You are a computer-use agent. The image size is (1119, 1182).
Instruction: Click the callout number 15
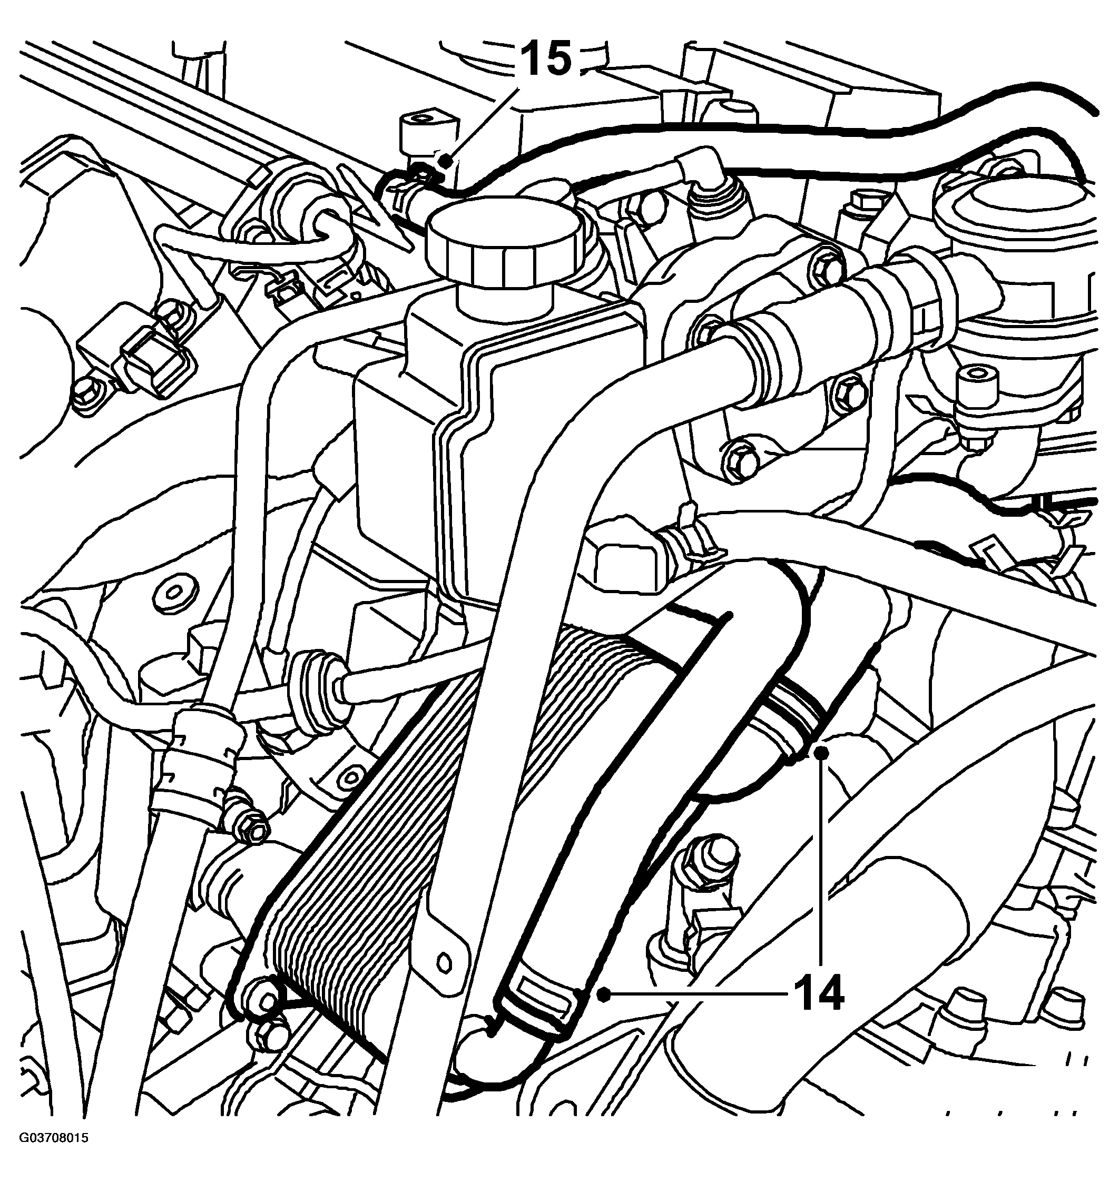(547, 59)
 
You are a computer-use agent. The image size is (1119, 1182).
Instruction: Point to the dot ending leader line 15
(444, 159)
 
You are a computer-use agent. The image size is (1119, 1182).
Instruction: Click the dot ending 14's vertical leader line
(824, 753)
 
